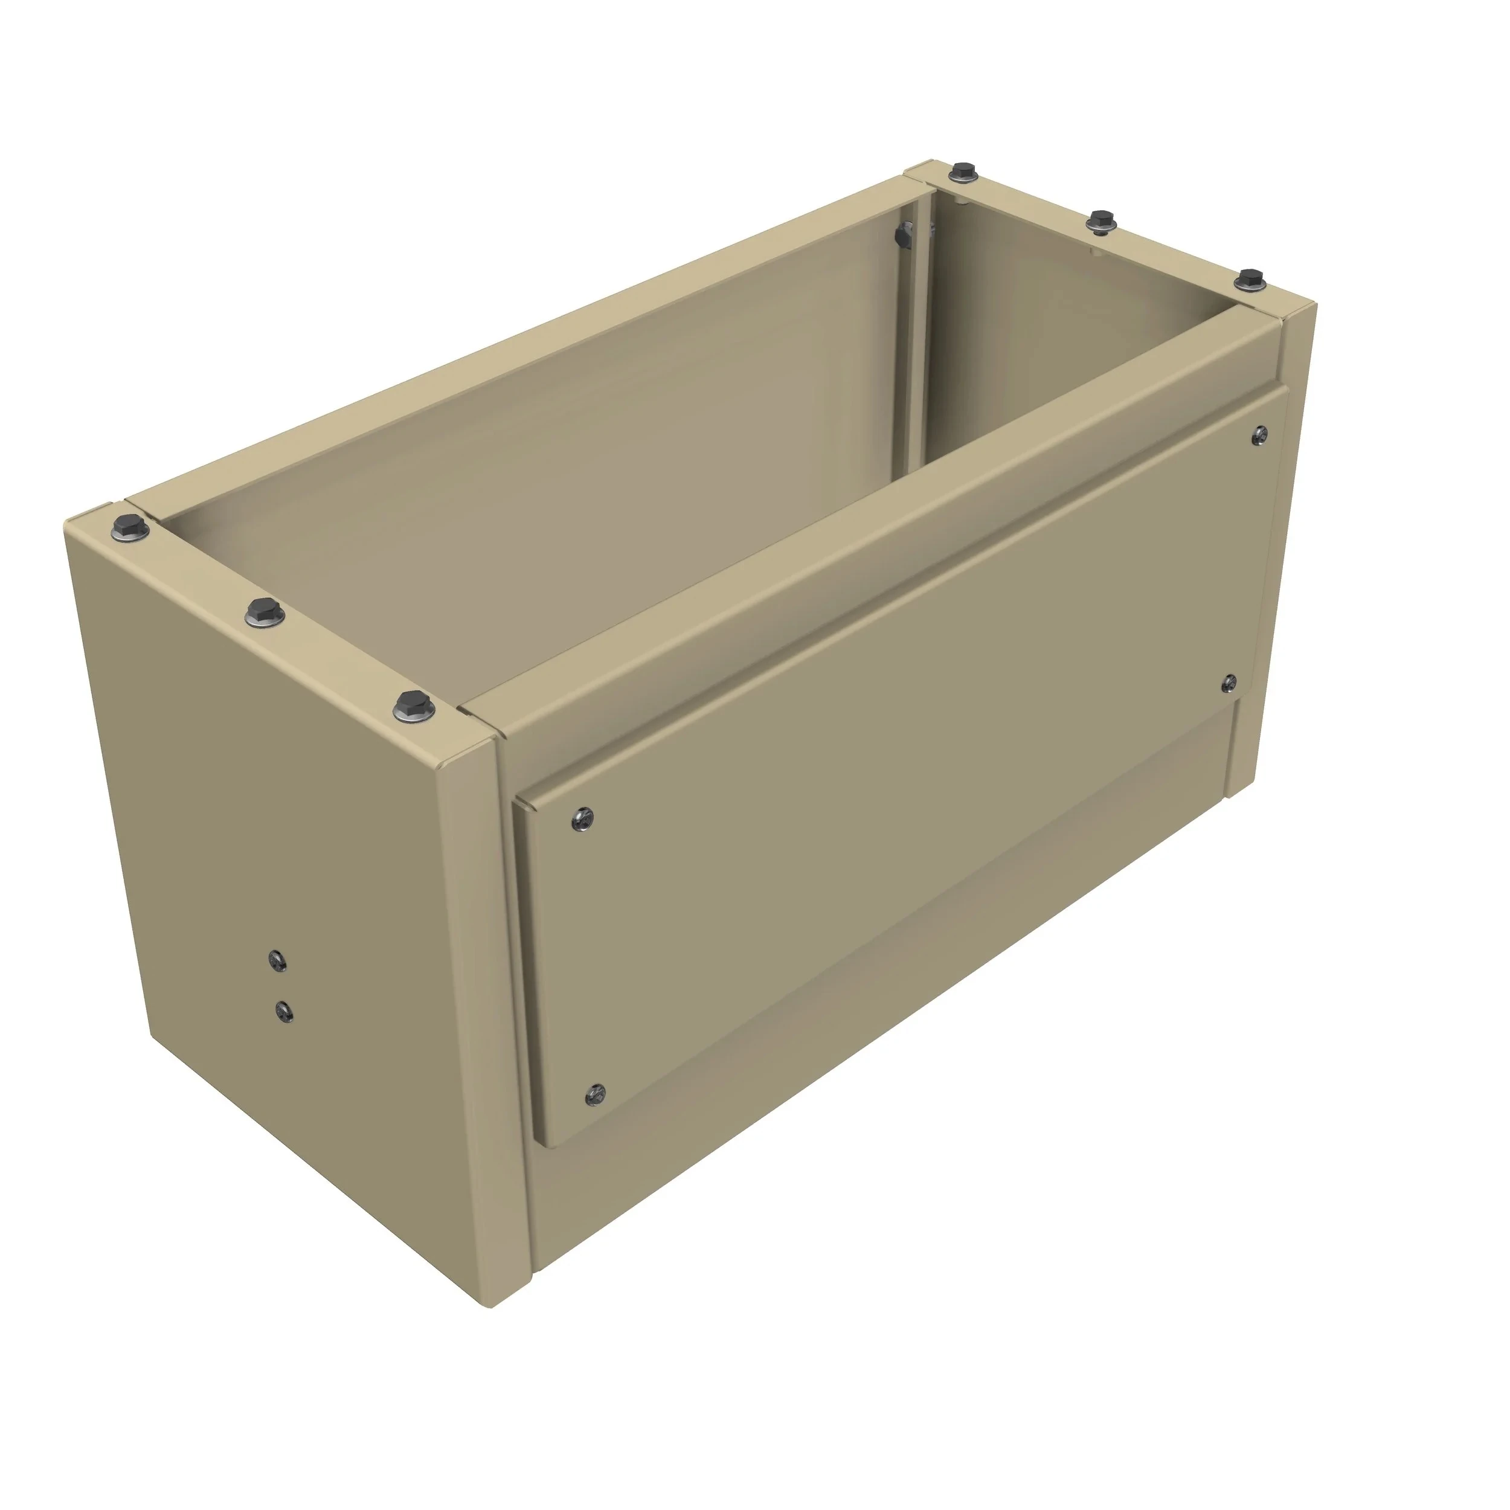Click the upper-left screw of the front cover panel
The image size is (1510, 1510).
point(582,818)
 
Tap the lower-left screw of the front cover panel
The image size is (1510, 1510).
point(596,1095)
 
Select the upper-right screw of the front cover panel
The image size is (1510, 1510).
point(1259,435)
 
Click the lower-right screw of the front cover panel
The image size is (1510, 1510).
point(1229,683)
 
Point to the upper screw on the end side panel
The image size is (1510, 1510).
point(277,960)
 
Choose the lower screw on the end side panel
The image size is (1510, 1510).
point(284,1013)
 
